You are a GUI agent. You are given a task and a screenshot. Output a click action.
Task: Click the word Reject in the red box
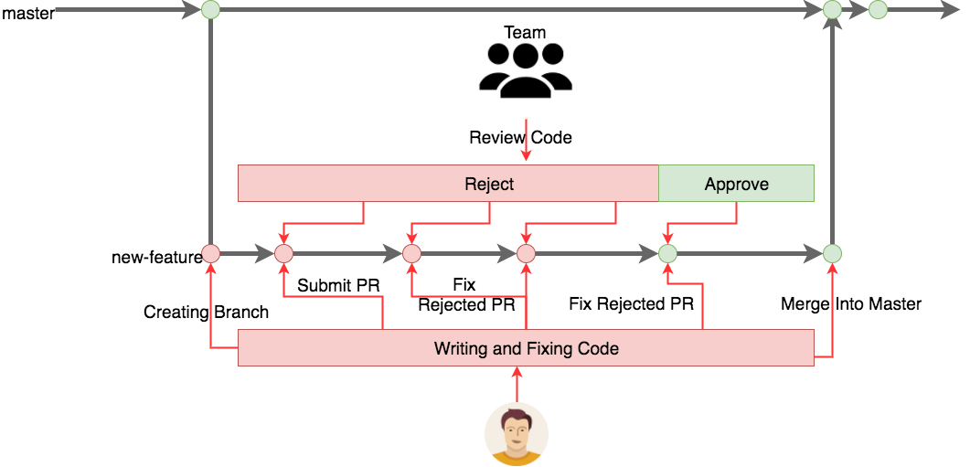[x=489, y=184]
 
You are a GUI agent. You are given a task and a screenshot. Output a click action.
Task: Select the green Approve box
[x=736, y=184]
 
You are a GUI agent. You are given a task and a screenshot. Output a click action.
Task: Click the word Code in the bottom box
[x=599, y=348]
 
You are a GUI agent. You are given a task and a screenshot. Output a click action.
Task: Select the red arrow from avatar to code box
[x=517, y=384]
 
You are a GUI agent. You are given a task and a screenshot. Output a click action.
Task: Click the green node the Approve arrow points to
[x=667, y=254]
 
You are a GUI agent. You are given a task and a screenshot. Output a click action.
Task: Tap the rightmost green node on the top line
[x=878, y=10]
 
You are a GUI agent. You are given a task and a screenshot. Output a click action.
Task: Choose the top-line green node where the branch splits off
[x=210, y=10]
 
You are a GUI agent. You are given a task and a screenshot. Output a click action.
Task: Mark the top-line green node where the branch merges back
[x=832, y=10]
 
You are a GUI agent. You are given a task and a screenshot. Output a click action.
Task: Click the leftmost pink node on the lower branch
[x=210, y=254]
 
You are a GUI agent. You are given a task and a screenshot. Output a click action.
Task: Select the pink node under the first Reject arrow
[x=283, y=254]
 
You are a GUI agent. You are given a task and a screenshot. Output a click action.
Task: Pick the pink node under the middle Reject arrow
[x=411, y=254]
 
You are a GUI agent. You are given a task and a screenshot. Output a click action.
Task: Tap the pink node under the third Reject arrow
[x=526, y=254]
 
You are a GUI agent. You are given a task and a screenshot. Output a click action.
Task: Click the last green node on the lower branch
[x=832, y=254]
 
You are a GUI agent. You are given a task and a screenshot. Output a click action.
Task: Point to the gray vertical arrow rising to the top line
[x=832, y=137]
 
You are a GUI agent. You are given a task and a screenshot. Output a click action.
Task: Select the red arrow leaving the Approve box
[x=737, y=213]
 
